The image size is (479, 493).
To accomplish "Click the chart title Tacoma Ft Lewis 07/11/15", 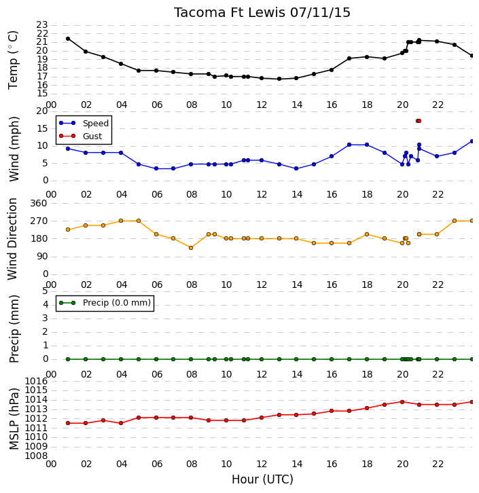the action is [x=262, y=13].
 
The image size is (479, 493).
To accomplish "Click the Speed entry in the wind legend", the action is [x=84, y=124].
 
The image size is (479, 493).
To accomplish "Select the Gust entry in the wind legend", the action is [x=81, y=136].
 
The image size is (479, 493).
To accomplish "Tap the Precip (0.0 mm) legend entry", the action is [x=105, y=303].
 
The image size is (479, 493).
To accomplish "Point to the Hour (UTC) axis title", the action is [x=262, y=479].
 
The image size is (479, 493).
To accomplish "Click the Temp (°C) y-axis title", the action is [x=13, y=60].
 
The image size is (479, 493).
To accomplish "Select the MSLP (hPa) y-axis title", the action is [x=14, y=419].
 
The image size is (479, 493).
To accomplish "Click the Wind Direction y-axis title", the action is [x=13, y=239].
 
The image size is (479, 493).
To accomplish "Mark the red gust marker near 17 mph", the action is [x=419, y=121].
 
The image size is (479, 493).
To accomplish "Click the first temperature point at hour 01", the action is [x=68, y=39].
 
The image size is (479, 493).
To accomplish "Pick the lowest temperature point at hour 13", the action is [x=279, y=79].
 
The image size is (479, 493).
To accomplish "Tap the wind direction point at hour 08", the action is [x=191, y=248].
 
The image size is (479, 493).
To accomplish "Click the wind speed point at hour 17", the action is [x=349, y=145].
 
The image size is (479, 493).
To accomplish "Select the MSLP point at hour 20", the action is [x=402, y=402].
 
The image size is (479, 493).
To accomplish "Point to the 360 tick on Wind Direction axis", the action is [x=39, y=204].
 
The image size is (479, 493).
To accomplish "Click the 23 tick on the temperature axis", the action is [x=42, y=24].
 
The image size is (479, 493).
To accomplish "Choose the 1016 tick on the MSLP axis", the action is [x=36, y=382].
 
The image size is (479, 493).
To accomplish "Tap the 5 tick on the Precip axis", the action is [x=45, y=291].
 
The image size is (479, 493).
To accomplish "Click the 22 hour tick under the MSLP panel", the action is [x=438, y=464].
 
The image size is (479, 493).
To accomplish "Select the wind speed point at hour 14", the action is [x=296, y=168].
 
